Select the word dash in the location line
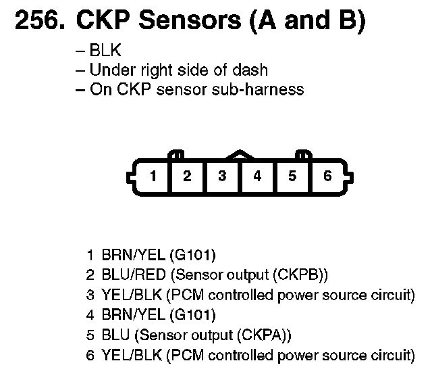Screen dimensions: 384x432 click(251, 70)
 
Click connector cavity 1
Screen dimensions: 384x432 click(153, 176)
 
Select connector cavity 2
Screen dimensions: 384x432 click(188, 176)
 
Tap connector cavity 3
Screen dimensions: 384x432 click(222, 176)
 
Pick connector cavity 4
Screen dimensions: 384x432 click(257, 176)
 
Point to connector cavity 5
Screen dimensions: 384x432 click(292, 176)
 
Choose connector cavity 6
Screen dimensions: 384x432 click(327, 176)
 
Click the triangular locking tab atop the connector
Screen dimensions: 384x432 click(240, 155)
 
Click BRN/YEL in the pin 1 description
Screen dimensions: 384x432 click(129, 256)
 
